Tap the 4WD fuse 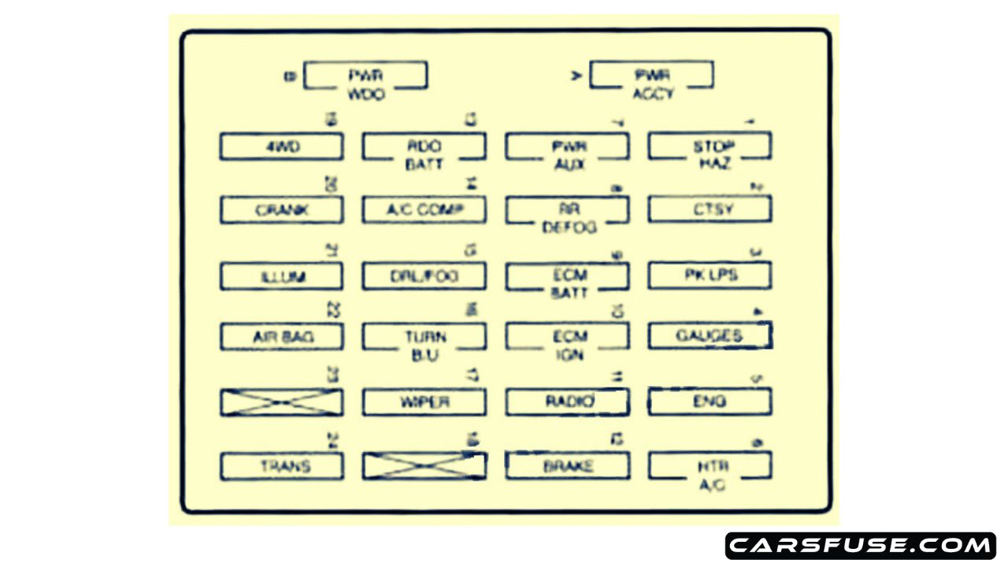click(x=281, y=146)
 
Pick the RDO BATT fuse click(x=424, y=147)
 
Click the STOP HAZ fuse click(x=710, y=147)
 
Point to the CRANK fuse click(x=281, y=210)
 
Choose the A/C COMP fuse click(x=424, y=210)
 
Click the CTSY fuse click(x=710, y=210)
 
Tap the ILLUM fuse click(x=281, y=276)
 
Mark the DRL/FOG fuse click(x=424, y=276)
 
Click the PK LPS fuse click(x=710, y=276)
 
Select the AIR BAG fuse click(x=281, y=337)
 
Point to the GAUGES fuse click(x=710, y=336)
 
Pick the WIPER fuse click(x=424, y=402)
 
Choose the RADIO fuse click(x=567, y=402)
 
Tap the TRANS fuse click(x=281, y=466)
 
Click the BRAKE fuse click(x=567, y=466)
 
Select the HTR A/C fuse click(x=710, y=466)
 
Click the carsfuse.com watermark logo click(x=860, y=546)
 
